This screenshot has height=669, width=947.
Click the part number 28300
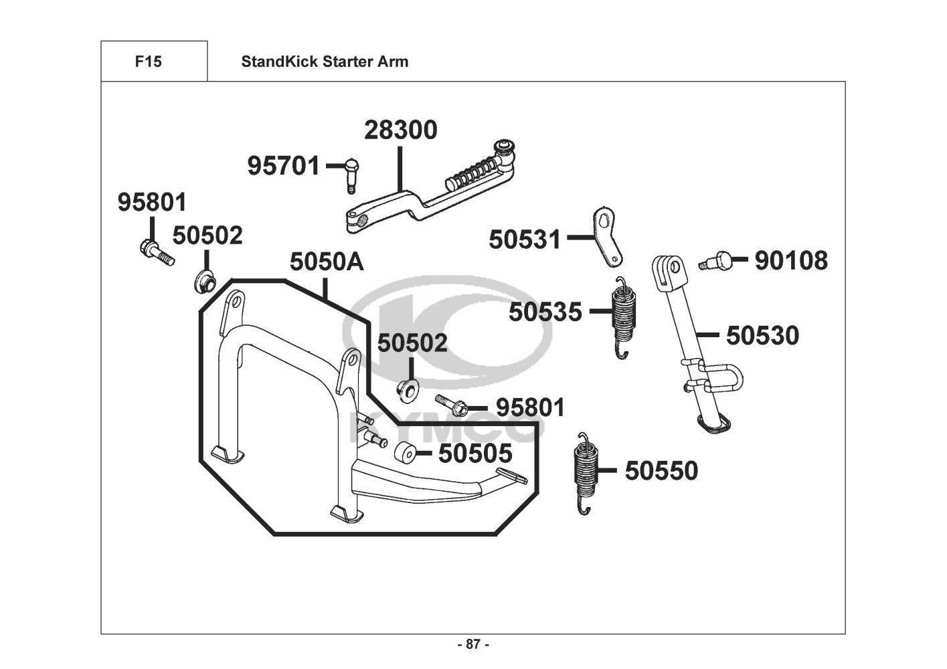point(400,130)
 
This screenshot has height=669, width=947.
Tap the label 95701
point(284,165)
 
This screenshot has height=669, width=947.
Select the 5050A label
point(327,262)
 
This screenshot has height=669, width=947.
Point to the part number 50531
point(525,239)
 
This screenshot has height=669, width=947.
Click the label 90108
point(791,260)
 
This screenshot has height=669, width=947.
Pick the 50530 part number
point(762,335)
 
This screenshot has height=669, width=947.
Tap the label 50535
point(545,311)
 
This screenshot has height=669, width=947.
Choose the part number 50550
point(661,470)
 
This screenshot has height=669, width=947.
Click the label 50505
point(475,453)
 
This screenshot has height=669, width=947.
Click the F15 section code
point(148,62)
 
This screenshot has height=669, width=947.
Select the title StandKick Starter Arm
point(325,62)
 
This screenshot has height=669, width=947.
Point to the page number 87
point(473,645)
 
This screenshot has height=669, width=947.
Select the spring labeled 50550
point(586,472)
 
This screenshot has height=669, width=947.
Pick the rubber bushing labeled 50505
point(404,454)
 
